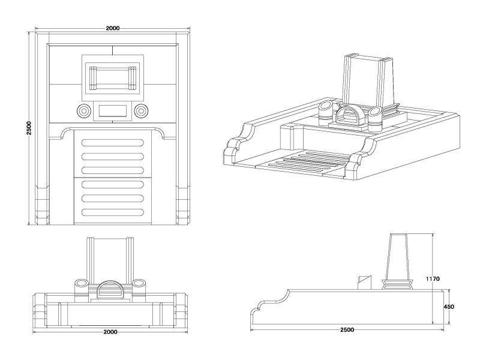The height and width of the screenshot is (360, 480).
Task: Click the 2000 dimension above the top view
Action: (112, 28)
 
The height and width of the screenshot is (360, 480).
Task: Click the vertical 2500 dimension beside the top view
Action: (28, 128)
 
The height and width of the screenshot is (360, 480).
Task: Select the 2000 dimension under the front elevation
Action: (110, 332)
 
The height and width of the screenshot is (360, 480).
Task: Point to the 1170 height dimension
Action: (433, 278)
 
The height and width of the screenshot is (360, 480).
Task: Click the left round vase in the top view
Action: (82, 110)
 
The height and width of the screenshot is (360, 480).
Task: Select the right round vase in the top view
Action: (142, 110)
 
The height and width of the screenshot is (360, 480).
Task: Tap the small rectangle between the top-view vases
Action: (112, 110)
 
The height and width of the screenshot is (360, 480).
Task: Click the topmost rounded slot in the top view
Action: (112, 143)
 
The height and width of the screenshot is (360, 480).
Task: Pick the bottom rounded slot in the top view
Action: (112, 213)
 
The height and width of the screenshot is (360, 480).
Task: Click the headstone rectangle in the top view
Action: (112, 77)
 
